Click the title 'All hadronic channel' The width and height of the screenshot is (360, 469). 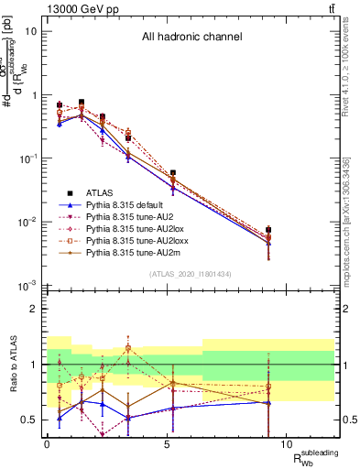click(x=191, y=38)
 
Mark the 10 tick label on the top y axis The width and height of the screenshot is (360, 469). click(x=31, y=31)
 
